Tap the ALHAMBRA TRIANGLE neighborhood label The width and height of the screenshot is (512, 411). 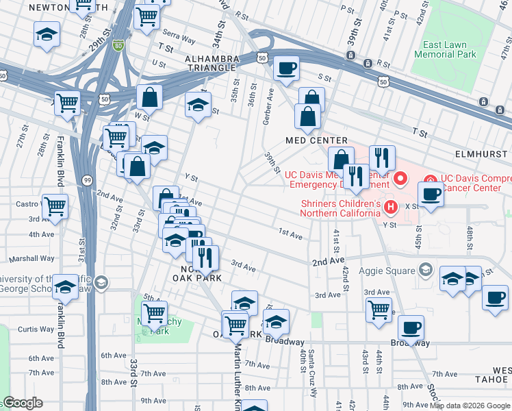[x=211, y=64]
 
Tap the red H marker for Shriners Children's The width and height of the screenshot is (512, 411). [x=390, y=206]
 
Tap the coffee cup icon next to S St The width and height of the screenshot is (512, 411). [x=286, y=67]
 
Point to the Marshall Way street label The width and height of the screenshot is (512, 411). [x=32, y=259]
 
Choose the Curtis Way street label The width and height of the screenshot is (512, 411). [x=36, y=329]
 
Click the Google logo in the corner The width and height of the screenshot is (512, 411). [x=22, y=403]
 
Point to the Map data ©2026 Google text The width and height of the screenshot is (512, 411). [x=469, y=406]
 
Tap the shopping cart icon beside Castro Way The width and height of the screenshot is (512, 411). [x=55, y=205]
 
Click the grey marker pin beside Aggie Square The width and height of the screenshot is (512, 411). [x=426, y=269]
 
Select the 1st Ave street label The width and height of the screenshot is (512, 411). [x=290, y=234]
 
